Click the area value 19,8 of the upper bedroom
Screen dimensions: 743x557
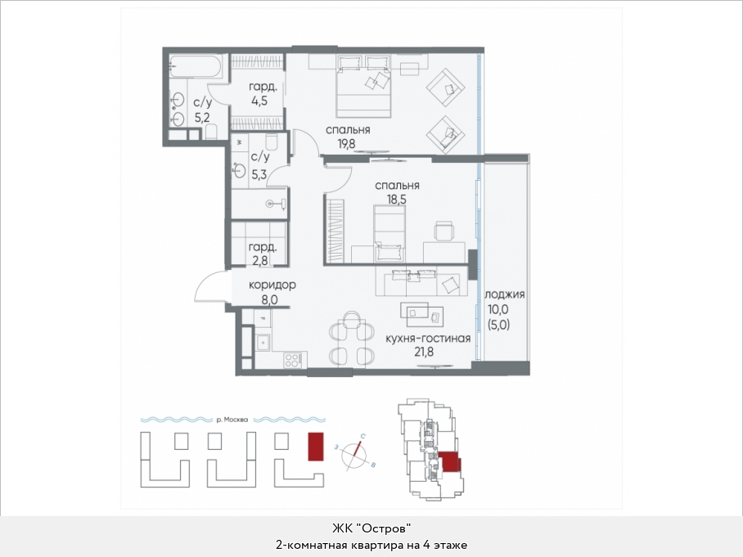pos(346,143)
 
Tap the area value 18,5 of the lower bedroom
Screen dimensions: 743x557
pos(397,200)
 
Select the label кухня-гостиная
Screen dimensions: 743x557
pos(428,338)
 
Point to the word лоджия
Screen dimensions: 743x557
pos(505,294)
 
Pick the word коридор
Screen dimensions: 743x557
pos(272,285)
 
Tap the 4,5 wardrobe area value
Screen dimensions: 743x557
pos(259,101)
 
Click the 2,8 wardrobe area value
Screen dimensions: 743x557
pos(260,260)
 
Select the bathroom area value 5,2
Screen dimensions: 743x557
pos(202,117)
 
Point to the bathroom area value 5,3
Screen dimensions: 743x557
pos(259,174)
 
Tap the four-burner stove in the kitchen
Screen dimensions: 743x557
pos(295,360)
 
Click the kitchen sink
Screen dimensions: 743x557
pos(262,342)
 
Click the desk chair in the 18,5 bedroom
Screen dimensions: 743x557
pos(444,231)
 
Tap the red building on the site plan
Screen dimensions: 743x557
pos(316,446)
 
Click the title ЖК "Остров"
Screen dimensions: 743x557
pos(371,528)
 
